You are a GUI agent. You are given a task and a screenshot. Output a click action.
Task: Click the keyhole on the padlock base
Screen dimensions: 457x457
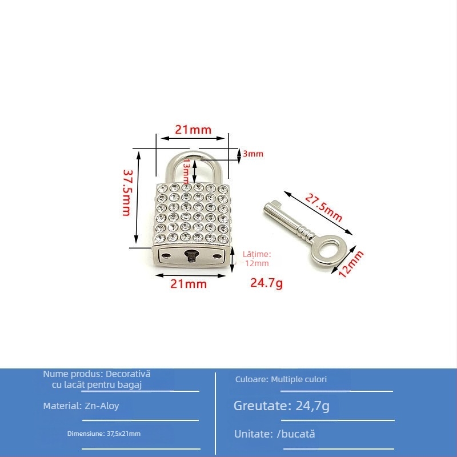191,255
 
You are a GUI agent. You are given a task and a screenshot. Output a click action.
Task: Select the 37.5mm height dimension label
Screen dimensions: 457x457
127,193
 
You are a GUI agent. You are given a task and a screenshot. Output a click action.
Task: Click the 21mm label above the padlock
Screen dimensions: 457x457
193,130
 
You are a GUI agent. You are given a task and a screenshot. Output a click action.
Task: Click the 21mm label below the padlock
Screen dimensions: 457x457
189,284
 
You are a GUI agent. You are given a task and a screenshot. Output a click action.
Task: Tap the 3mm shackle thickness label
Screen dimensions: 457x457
253,154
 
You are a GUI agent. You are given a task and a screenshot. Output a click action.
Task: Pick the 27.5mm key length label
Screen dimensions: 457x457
324,208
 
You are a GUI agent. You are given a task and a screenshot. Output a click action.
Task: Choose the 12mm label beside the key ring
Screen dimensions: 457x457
351,263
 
